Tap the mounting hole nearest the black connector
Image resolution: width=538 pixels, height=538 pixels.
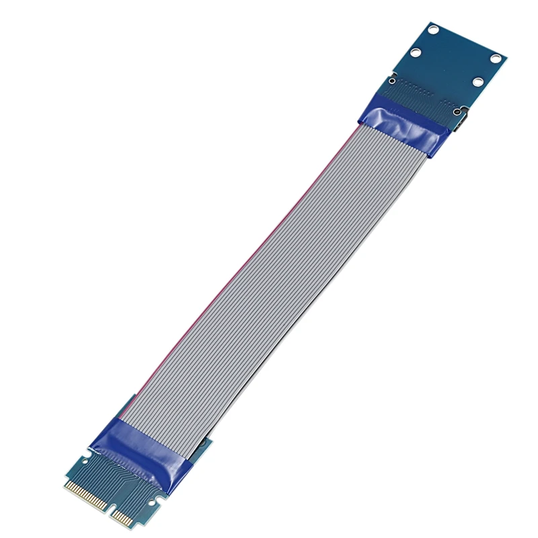point(478,82)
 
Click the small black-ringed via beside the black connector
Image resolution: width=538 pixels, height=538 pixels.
point(457,112)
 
